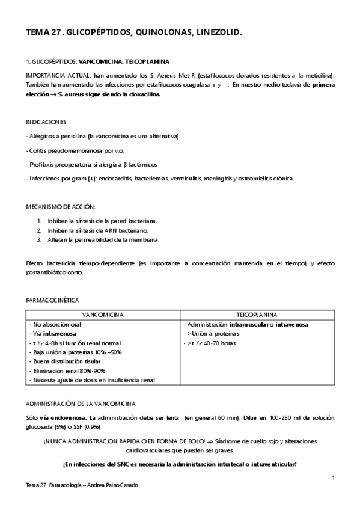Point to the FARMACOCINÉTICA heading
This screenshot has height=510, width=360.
[53, 299]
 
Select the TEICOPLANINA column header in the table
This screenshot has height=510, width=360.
[256, 314]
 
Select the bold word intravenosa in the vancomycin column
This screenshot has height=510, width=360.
[59, 333]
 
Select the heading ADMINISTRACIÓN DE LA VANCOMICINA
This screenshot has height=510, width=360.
[81, 403]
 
